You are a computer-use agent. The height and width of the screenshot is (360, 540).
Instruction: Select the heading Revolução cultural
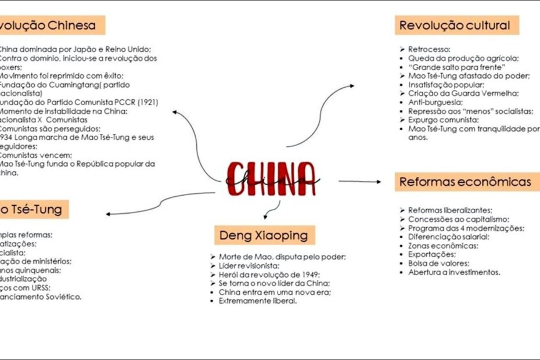pyautogui.click(x=455, y=26)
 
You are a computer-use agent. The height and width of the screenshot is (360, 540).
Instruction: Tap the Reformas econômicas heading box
pyautogui.click(x=465, y=182)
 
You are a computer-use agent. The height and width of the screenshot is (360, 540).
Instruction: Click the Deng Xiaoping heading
pyautogui.click(x=264, y=235)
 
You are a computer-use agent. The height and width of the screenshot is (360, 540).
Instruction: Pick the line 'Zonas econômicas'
pyautogui.click(x=435, y=246)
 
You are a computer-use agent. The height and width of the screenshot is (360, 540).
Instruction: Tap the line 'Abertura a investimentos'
pyautogui.click(x=453, y=272)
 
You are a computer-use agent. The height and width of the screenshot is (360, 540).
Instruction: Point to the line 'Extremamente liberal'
pyautogui.click(x=258, y=301)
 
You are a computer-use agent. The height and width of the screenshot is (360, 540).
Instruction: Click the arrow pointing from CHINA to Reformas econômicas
pyautogui.click(x=360, y=182)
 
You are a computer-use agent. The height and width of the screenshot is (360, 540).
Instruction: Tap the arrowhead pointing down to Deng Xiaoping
pyautogui.click(x=266, y=217)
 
